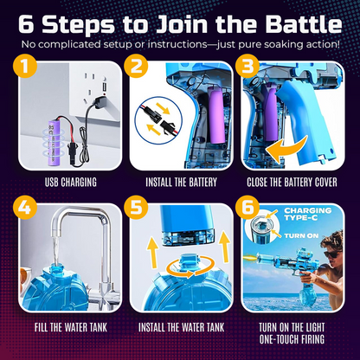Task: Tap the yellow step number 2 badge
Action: tap(135, 66)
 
